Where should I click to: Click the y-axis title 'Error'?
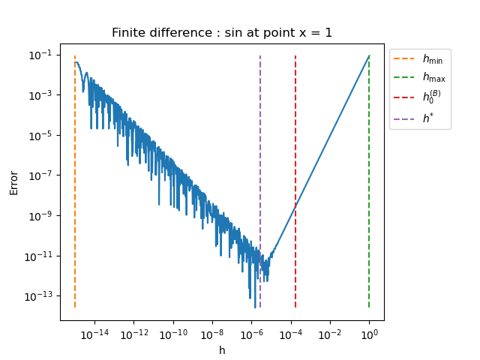pyautogui.click(x=14, y=181)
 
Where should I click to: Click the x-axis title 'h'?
pyautogui.click(x=222, y=350)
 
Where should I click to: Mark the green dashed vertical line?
pyautogui.click(x=369, y=187)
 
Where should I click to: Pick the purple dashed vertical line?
pyautogui.click(x=260, y=150)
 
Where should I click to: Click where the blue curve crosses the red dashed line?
pyautogui.click(x=295, y=203)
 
